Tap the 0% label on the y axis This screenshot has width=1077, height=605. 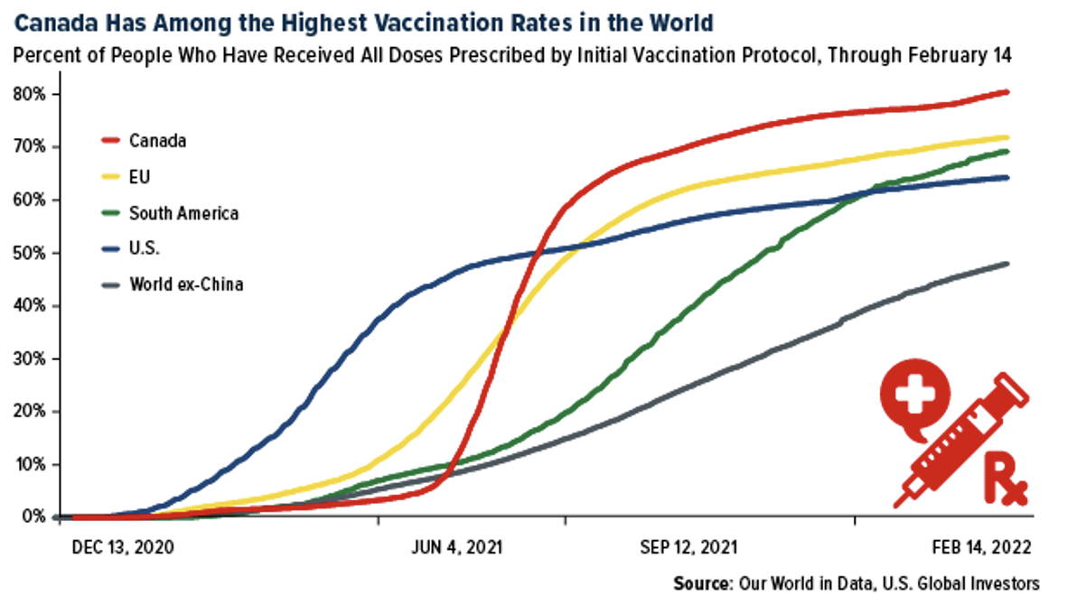click(x=34, y=517)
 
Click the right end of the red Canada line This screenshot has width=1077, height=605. click(x=1007, y=91)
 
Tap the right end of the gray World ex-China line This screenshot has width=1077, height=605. click(x=1007, y=264)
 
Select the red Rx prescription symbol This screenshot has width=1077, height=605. click(x=1002, y=478)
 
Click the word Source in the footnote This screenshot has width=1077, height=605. click(x=702, y=582)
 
